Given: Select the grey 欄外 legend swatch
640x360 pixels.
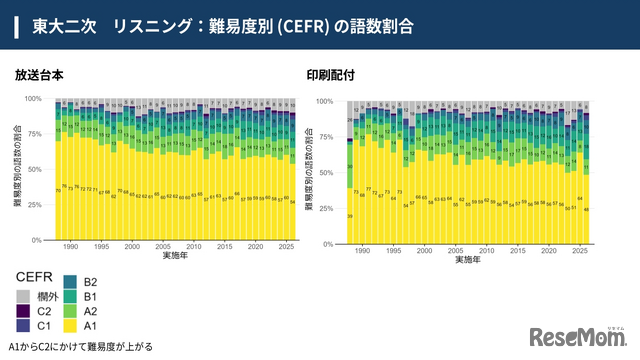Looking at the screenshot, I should click(x=24, y=297).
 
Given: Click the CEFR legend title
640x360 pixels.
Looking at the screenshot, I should click(x=35, y=275).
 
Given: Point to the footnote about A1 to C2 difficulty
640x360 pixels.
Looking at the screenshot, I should click(x=79, y=347).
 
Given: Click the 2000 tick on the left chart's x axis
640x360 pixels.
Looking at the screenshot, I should click(x=132, y=246).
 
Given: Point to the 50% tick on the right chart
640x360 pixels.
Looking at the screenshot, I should click(x=338, y=172).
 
